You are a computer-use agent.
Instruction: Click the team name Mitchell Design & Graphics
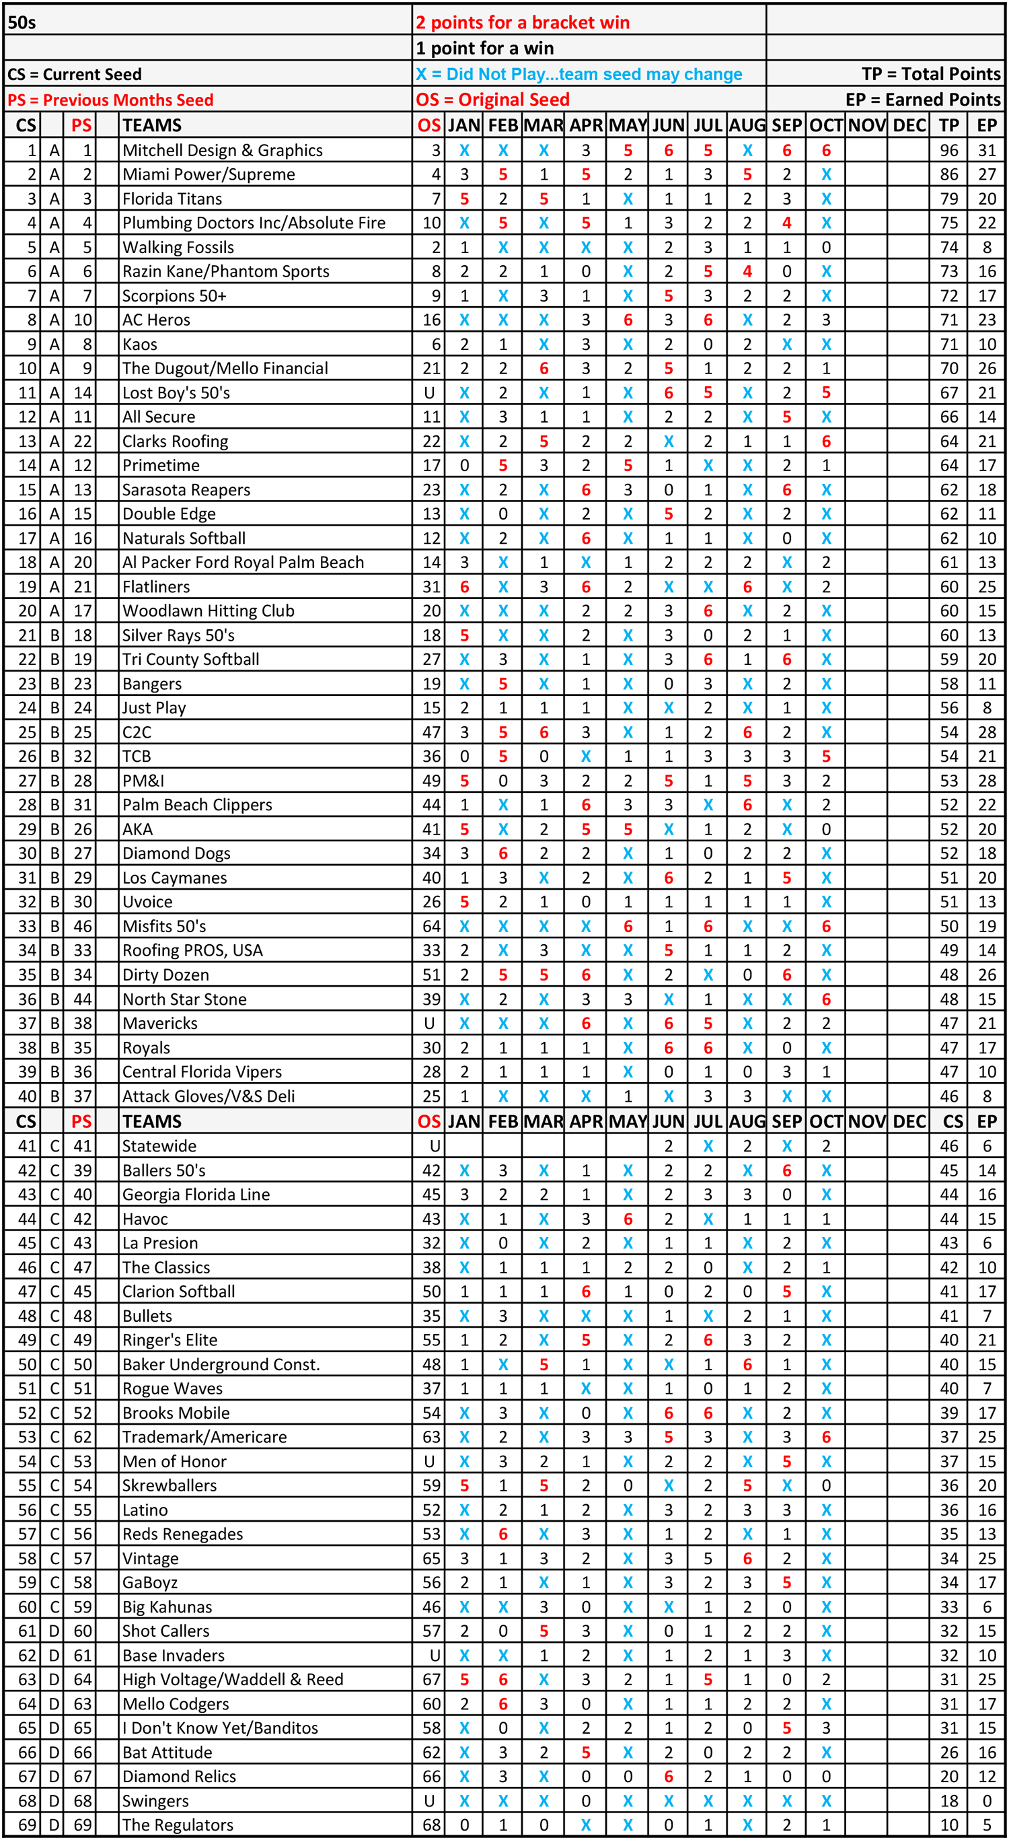(x=222, y=150)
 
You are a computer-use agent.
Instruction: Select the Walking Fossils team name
(x=178, y=247)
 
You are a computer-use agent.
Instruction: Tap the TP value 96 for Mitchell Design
(x=948, y=150)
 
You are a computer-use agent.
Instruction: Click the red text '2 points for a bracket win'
(x=522, y=22)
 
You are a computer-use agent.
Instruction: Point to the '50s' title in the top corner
(x=22, y=22)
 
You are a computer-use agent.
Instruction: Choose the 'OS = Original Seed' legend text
(x=492, y=100)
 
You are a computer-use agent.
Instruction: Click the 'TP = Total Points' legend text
(x=930, y=73)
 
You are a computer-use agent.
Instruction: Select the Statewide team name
(x=159, y=1145)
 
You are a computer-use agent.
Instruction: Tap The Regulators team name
(x=177, y=1825)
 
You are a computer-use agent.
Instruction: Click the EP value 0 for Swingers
(x=987, y=1800)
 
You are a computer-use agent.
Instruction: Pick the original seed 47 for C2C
(x=431, y=732)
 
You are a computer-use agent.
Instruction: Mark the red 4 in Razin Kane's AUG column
(x=747, y=271)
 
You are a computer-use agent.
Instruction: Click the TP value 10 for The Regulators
(x=948, y=1825)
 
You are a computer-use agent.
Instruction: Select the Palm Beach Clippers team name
(x=197, y=805)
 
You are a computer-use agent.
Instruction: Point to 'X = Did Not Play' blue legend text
(x=578, y=73)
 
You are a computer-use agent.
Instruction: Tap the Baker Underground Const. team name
(x=221, y=1364)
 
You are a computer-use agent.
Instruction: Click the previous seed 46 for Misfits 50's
(x=83, y=925)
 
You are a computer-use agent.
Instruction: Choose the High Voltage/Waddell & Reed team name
(x=233, y=1678)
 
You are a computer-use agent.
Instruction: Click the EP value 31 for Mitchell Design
(x=987, y=150)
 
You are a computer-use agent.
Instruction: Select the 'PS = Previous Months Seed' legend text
(x=110, y=100)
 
